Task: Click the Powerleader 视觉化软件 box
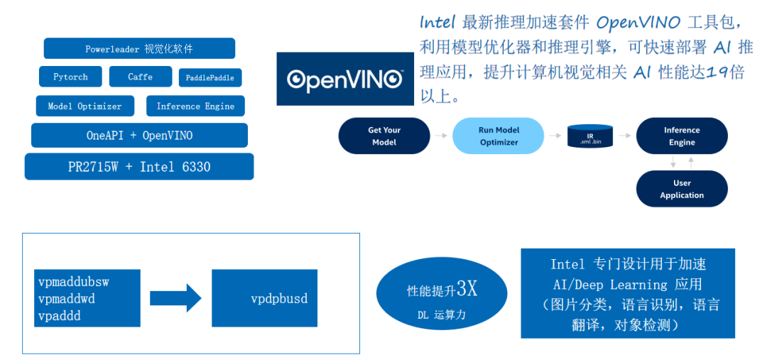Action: click(139, 49)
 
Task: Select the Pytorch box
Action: click(70, 77)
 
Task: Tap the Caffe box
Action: click(141, 77)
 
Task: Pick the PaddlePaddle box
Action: click(210, 77)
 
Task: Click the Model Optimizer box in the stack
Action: click(85, 107)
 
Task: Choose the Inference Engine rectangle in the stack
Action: click(195, 107)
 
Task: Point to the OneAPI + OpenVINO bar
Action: click(139, 135)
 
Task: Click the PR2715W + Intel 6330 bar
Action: click(139, 167)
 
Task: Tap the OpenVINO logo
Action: click(345, 78)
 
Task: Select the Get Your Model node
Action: click(384, 136)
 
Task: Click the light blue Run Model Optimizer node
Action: click(498, 136)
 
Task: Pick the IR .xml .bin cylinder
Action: click(590, 136)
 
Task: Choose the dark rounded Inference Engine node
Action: click(682, 136)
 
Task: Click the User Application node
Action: click(682, 189)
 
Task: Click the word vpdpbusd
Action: click(279, 298)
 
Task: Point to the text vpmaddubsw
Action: click(74, 282)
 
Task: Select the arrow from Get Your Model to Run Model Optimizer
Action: click(441, 136)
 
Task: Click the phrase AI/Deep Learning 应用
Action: click(627, 285)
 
